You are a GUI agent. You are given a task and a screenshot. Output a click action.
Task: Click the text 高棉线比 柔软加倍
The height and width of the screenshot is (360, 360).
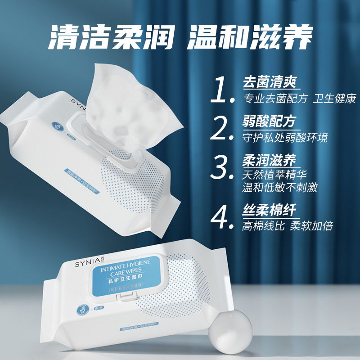point(288,225)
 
